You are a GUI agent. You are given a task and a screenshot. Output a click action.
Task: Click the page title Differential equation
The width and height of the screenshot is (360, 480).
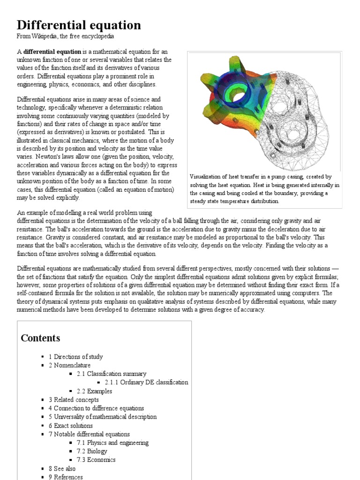coord(79,25)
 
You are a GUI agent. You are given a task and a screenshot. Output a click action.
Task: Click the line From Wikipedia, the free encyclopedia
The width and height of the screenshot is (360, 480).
coord(65,36)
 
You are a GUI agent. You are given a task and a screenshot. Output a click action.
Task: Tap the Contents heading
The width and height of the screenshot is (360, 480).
coord(41,338)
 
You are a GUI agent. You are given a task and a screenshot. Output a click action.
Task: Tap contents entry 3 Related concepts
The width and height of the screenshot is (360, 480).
coord(74,399)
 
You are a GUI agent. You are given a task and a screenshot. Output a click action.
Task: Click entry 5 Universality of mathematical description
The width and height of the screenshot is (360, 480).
coord(103,417)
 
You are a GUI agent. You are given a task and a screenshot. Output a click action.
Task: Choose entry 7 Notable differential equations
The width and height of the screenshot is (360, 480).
coord(89,434)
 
